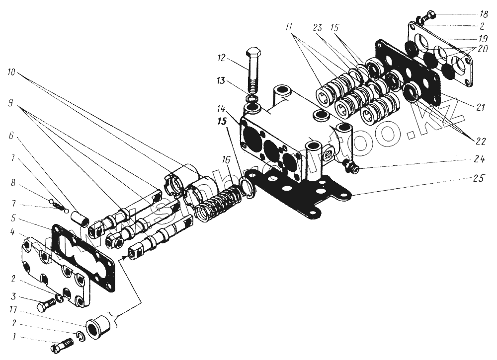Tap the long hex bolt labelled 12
(x=252, y=70)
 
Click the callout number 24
(x=478, y=160)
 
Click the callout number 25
(x=479, y=176)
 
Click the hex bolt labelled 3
(x=45, y=303)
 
